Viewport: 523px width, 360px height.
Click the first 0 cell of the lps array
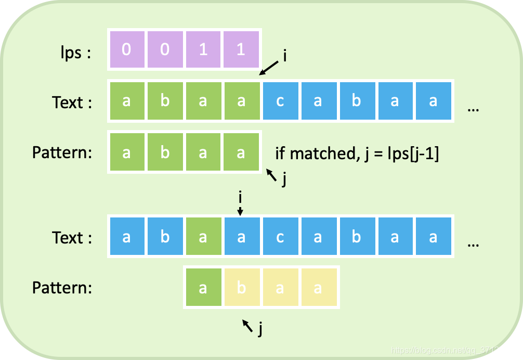(126, 50)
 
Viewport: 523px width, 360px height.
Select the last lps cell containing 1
(241, 50)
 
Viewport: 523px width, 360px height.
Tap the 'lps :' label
(74, 53)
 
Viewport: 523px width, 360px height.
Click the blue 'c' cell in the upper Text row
(280, 101)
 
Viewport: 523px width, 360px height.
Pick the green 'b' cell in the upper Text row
(165, 101)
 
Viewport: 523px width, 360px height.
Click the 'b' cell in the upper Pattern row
(165, 152)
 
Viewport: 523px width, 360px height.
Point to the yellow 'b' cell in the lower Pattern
(241, 287)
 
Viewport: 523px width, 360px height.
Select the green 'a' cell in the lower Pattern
(203, 287)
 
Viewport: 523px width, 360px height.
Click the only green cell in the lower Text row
(203, 237)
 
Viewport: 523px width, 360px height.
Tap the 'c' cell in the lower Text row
(280, 237)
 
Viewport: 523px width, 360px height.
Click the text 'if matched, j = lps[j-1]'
(357, 153)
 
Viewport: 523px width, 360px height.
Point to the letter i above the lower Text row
(240, 198)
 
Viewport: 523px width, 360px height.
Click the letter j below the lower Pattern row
(260, 328)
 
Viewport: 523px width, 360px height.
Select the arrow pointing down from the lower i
(240, 210)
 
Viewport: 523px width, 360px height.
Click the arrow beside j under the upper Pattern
(271, 175)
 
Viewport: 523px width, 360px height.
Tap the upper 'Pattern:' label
(62, 153)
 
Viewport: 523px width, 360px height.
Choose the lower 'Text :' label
(72, 238)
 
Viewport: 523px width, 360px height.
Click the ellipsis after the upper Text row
(473, 109)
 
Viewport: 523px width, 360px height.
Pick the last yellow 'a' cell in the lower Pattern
(318, 287)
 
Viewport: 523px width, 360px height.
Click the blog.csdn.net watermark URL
(453, 350)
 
